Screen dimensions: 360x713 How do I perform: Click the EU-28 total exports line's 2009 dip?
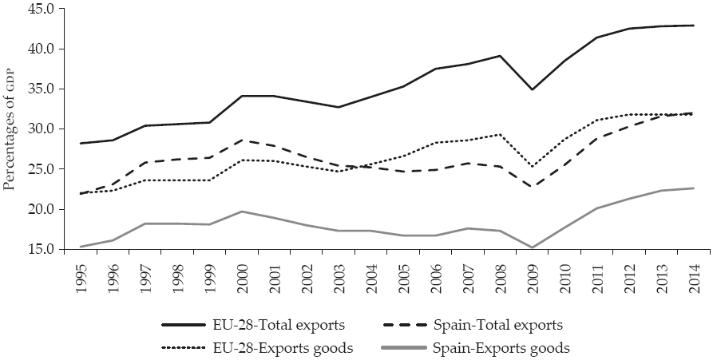coord(533,89)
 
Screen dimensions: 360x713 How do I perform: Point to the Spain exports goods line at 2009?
coord(533,247)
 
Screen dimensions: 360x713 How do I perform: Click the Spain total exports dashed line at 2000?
coord(241,140)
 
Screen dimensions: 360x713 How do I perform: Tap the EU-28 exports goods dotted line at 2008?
coord(501,134)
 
